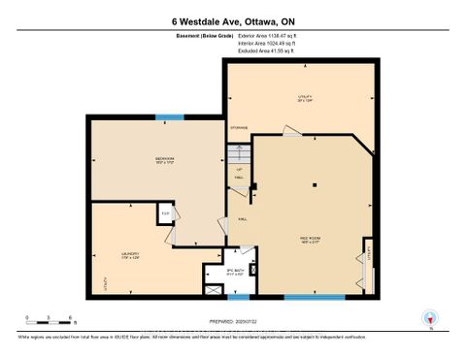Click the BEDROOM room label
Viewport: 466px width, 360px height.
click(164, 159)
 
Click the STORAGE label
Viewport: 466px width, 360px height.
click(238, 127)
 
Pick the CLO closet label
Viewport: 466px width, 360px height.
click(166, 213)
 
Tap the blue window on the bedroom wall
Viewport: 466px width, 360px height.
click(170, 116)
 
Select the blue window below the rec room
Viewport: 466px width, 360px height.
click(314, 295)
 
